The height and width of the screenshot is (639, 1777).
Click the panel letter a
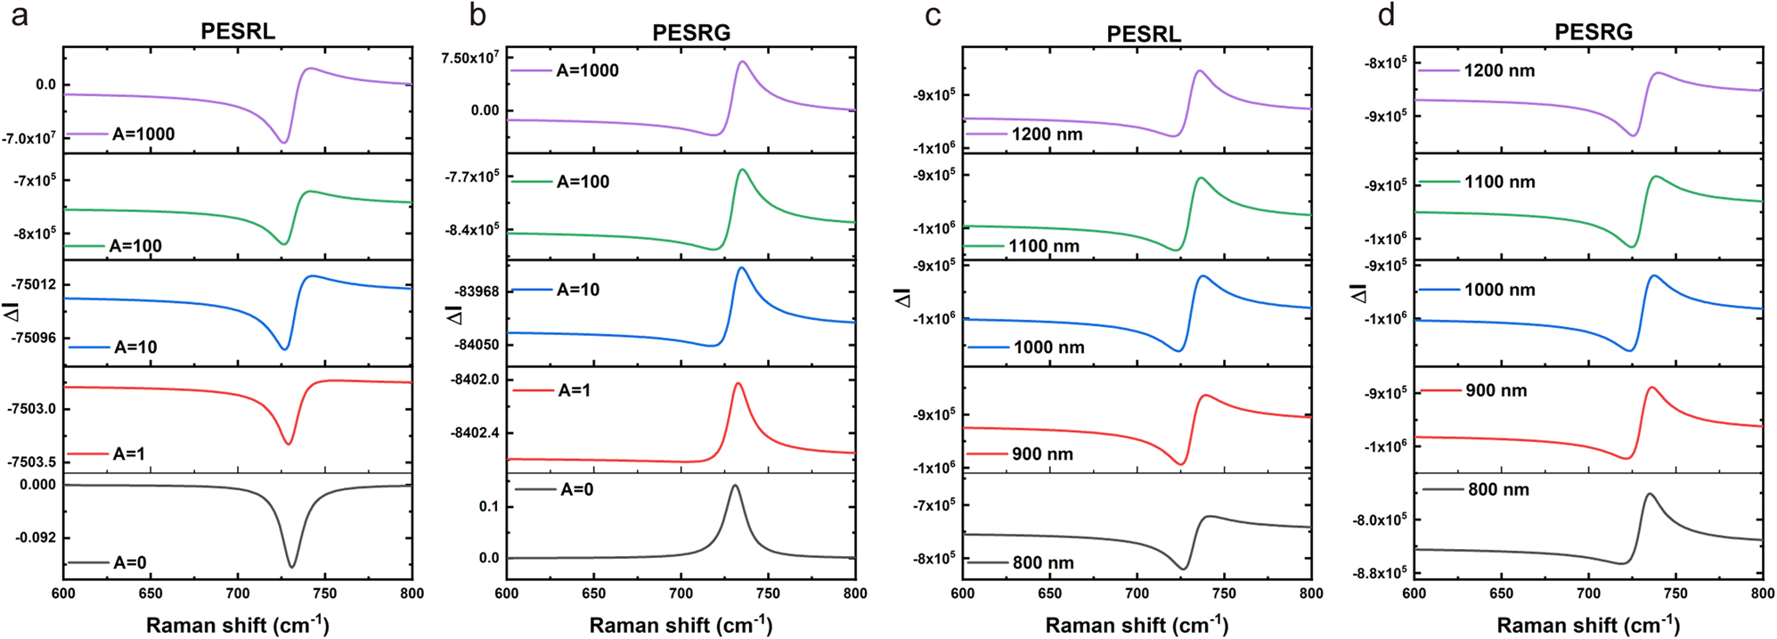click(x=19, y=15)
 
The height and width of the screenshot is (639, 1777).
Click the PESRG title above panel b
click(x=690, y=33)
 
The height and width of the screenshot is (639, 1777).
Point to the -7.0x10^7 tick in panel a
click(x=29, y=139)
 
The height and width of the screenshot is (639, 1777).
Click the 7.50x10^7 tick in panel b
click(x=470, y=59)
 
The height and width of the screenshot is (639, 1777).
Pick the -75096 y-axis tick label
click(x=35, y=338)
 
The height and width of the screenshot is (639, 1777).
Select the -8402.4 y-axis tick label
click(x=475, y=433)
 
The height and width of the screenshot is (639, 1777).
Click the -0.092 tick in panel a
click(x=35, y=538)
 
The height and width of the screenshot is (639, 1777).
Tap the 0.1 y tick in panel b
click(x=489, y=506)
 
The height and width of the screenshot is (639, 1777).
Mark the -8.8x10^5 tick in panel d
click(x=1380, y=573)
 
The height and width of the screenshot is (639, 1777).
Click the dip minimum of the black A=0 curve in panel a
click(x=292, y=567)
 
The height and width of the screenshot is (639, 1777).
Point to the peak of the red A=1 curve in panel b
click(x=738, y=383)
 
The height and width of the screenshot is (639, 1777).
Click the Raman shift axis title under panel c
click(x=1137, y=626)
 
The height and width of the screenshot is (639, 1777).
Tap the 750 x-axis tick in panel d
click(x=1675, y=594)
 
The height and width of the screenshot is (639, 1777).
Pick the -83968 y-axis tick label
click(x=477, y=291)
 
